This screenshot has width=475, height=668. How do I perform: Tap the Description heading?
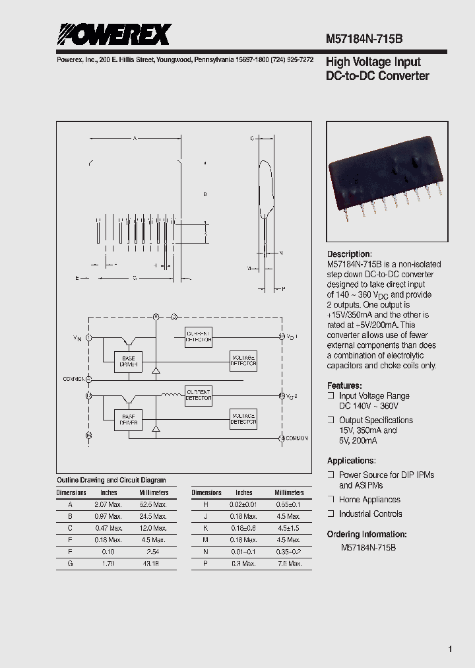tap(350, 254)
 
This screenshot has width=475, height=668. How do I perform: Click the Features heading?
tap(344, 385)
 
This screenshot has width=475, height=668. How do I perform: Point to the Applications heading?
tap(352, 461)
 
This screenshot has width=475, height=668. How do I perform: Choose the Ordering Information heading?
tap(367, 534)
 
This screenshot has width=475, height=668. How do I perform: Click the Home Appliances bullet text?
tap(369, 500)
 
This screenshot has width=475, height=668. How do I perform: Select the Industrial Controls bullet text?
tap(370, 514)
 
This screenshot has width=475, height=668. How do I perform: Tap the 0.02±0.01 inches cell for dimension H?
tap(244, 504)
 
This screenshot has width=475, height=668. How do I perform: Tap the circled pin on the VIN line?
tap(89, 337)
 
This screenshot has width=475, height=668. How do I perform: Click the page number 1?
tap(450, 650)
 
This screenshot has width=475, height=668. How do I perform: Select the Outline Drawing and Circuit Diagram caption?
tap(111, 480)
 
